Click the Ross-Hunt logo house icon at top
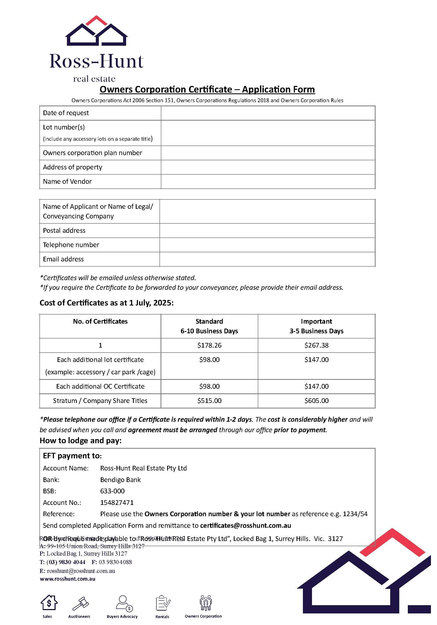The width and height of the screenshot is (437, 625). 96,31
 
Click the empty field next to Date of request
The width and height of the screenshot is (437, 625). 268,113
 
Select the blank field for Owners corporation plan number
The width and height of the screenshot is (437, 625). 268,153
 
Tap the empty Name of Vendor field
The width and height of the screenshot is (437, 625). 268,182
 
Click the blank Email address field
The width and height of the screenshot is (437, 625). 267,259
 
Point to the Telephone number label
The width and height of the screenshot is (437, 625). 71,245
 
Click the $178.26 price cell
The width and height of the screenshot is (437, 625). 209,345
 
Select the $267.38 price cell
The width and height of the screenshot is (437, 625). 316,345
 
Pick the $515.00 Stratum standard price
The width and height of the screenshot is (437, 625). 209,401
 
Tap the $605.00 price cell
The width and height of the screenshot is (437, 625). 316,401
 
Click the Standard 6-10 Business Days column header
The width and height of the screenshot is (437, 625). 209,326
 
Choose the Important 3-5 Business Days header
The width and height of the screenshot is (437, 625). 316,326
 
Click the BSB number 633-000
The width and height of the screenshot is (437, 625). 112,491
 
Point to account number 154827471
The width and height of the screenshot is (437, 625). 117,503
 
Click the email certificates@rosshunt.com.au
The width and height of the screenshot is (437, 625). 245,526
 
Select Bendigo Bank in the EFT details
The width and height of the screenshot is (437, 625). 120,480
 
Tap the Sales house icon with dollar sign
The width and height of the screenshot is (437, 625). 49,603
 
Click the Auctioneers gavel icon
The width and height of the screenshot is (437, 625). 80,604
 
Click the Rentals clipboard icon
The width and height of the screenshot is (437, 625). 163,603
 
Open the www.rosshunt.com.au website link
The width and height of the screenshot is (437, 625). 67,579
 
